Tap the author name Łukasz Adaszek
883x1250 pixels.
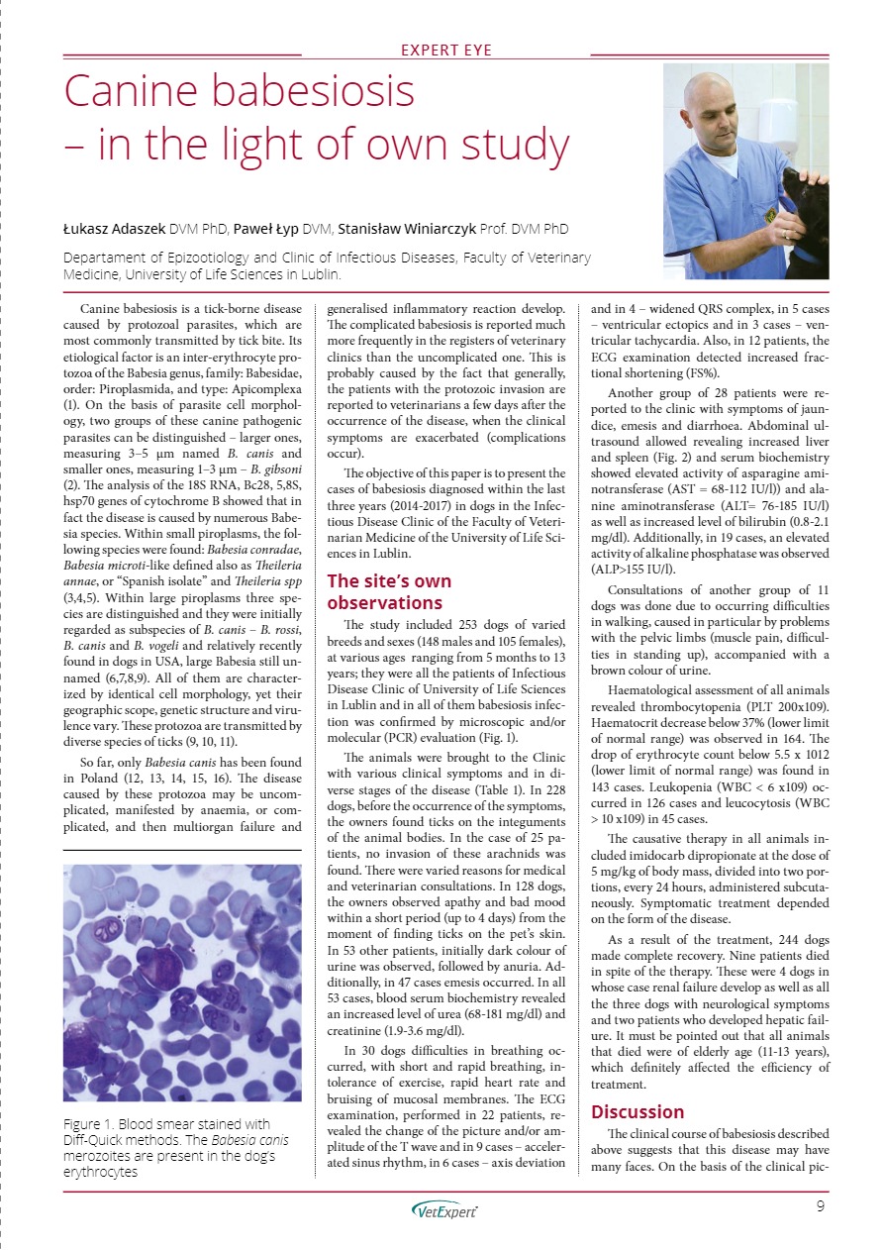(x=115, y=229)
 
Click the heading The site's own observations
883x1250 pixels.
(x=388, y=591)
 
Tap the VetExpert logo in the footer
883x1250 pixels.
(x=443, y=1209)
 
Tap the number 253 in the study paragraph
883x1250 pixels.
(x=454, y=625)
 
